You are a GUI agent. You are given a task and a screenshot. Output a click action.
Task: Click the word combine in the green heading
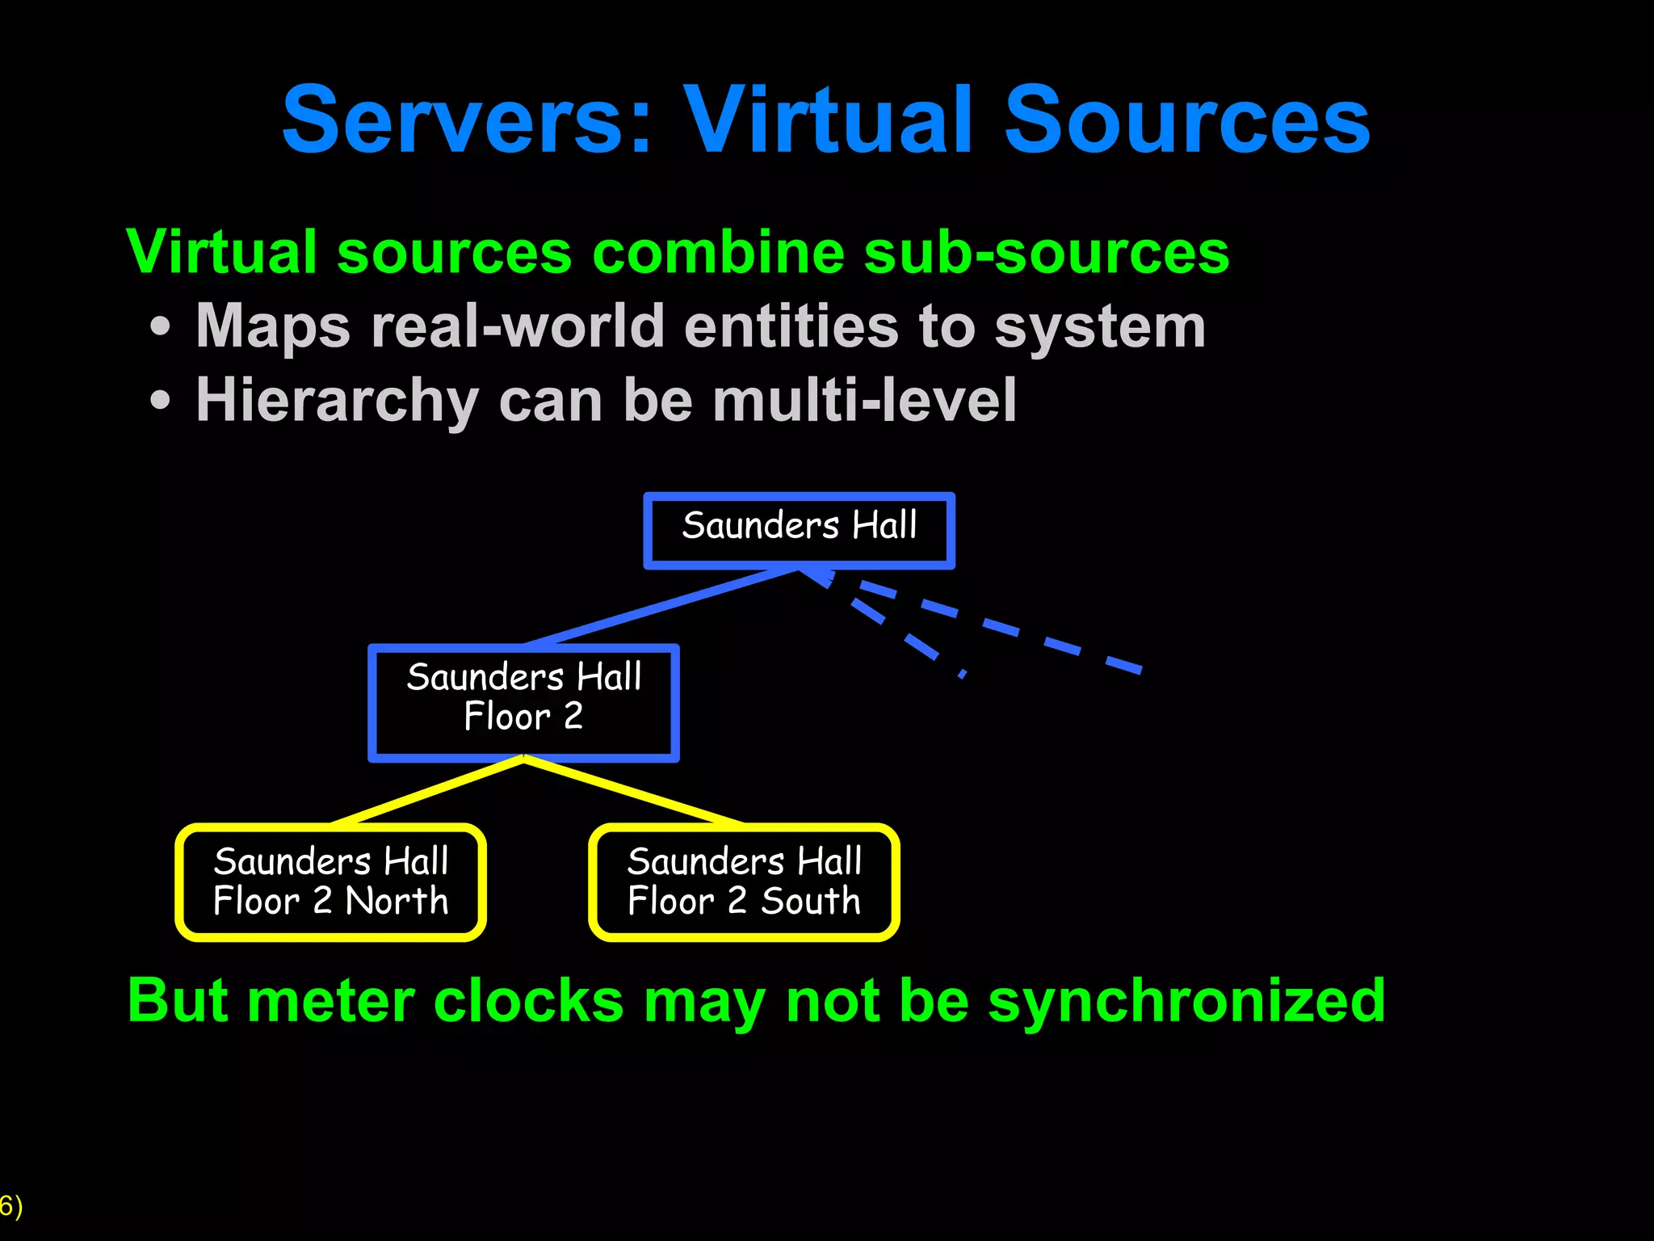click(x=718, y=253)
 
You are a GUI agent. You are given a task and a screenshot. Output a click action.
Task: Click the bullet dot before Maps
click(x=161, y=327)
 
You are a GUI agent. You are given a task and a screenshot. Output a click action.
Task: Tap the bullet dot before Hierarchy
click(x=161, y=401)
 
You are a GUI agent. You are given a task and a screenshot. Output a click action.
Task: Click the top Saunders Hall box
click(x=799, y=530)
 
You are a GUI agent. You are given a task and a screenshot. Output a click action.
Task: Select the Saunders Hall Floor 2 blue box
click(x=523, y=702)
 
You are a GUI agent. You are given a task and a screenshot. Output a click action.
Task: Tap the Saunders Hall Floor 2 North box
click(x=330, y=882)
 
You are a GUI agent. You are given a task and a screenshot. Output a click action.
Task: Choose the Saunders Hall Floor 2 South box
click(x=744, y=882)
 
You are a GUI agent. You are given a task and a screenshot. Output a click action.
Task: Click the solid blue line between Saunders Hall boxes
click(x=661, y=607)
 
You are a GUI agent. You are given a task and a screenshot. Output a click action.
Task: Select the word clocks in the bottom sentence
click(x=528, y=1002)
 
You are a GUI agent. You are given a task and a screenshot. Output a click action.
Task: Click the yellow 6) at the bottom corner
click(x=11, y=1206)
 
